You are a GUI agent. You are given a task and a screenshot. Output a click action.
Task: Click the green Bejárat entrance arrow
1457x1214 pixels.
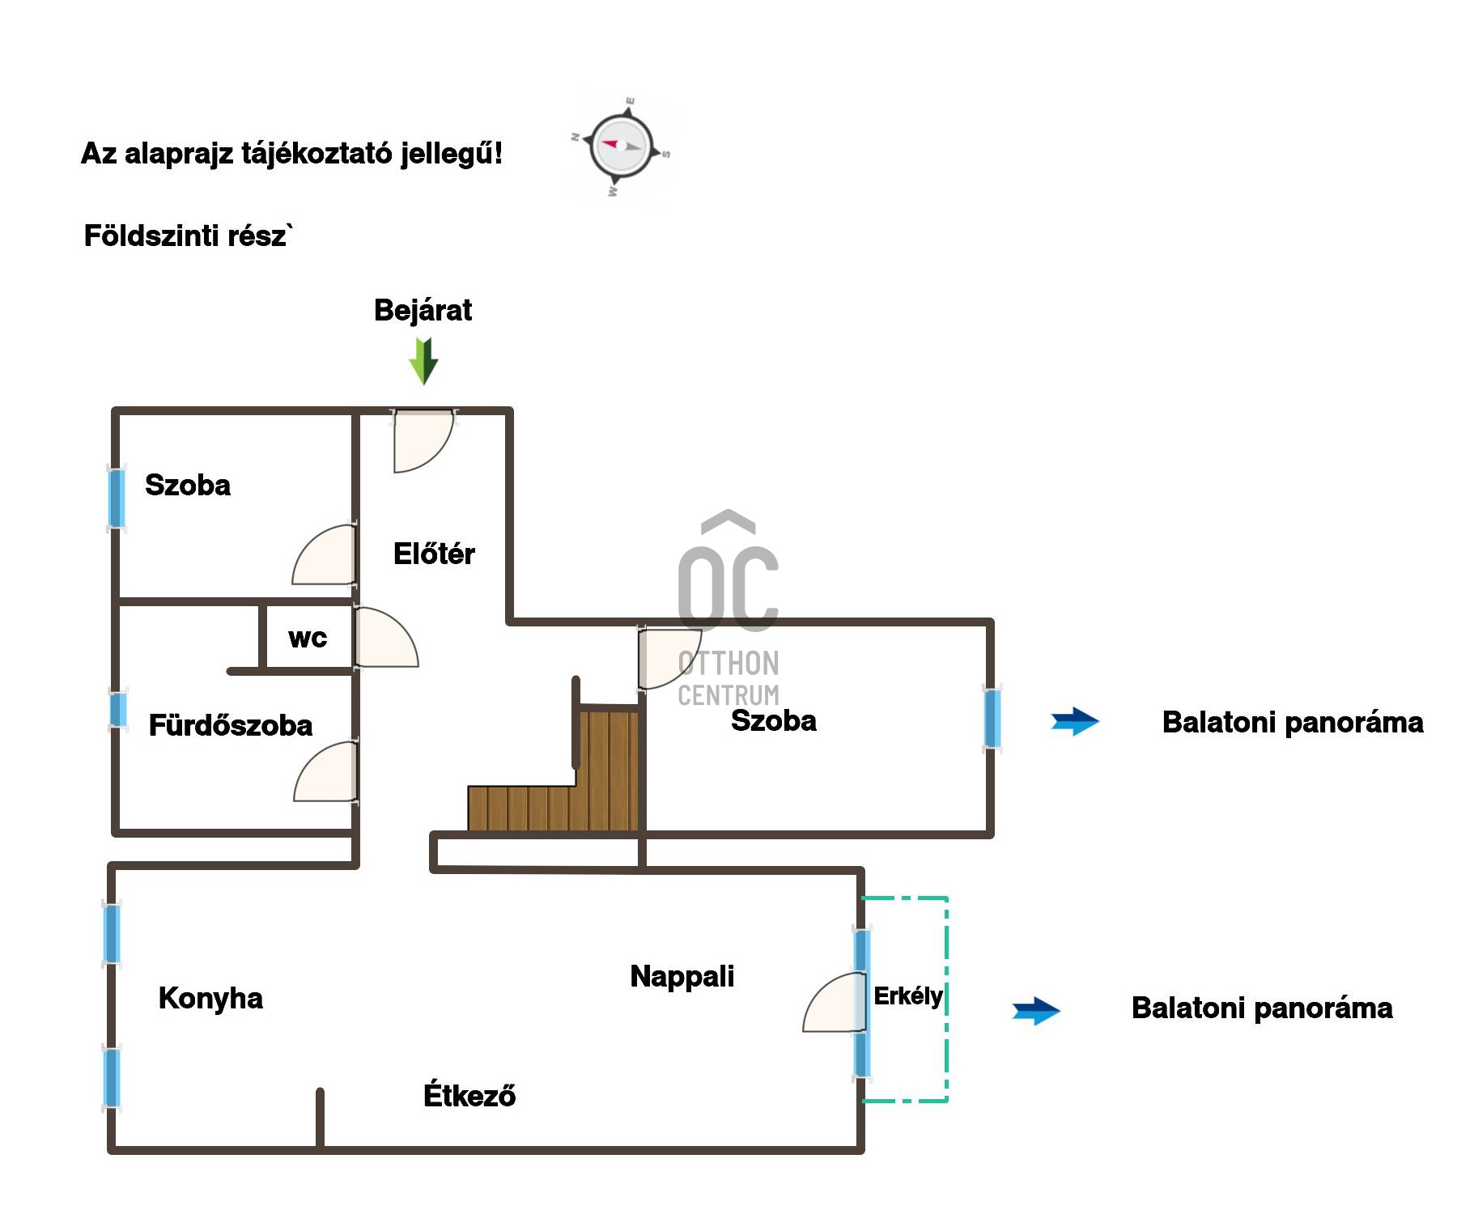(x=423, y=361)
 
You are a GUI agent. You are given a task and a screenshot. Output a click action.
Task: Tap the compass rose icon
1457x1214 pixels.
(x=621, y=146)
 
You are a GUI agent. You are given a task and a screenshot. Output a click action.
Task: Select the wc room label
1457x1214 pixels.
(x=308, y=638)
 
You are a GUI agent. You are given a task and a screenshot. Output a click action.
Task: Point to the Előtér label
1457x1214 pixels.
(x=434, y=554)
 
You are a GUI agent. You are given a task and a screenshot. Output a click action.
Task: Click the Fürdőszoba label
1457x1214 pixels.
(x=231, y=725)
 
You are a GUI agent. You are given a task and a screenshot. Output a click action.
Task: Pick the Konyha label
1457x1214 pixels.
(x=210, y=998)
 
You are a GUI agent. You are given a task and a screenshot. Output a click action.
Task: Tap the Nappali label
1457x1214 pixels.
(x=682, y=976)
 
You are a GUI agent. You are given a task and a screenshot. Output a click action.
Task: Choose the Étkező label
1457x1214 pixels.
(x=469, y=1095)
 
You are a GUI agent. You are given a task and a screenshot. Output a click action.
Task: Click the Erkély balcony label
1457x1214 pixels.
(x=908, y=995)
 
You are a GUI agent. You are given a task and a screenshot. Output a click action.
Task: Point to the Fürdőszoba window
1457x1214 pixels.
(x=118, y=710)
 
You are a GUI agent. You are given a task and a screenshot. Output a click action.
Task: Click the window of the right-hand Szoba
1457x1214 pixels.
(x=992, y=718)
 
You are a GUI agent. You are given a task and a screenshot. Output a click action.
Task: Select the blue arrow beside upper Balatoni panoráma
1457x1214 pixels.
(x=1074, y=721)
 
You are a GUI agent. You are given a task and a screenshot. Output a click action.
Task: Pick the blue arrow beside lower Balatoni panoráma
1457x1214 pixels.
(x=1036, y=1010)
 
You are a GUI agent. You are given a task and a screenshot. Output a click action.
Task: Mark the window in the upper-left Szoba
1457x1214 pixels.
(x=117, y=498)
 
